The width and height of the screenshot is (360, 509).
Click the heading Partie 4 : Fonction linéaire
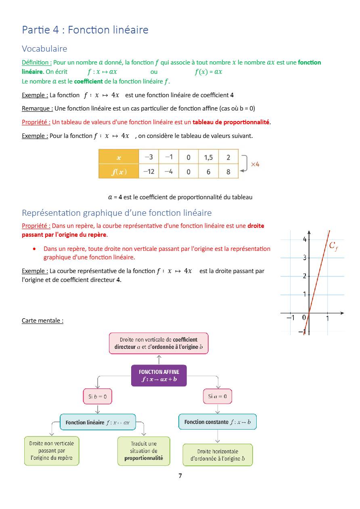[x=85, y=30]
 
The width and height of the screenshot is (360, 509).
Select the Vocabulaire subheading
[x=44, y=49]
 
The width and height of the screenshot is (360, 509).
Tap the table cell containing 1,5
[x=208, y=157]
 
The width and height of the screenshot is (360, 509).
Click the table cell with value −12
[x=149, y=171]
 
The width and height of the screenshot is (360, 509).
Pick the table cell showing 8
[x=228, y=171]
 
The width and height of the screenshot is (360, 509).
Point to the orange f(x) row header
[x=119, y=171]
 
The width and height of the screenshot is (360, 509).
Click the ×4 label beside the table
[x=255, y=164]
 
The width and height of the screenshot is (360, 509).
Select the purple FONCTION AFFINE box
[x=159, y=375]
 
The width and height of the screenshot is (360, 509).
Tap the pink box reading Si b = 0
[x=97, y=396]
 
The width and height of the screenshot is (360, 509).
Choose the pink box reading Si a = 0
[x=217, y=396]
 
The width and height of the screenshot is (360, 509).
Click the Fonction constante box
[x=217, y=422]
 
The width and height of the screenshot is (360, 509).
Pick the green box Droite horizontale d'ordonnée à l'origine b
[x=217, y=455]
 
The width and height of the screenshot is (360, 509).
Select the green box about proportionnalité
[x=144, y=451]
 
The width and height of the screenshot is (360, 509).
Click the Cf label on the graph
[x=333, y=246]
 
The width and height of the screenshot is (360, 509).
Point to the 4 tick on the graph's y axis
[x=305, y=239]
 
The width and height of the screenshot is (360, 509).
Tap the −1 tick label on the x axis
[x=290, y=318]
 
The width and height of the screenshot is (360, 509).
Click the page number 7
[x=180, y=476]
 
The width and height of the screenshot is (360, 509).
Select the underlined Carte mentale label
[x=42, y=321]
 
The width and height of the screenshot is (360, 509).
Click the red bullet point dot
[x=35, y=249]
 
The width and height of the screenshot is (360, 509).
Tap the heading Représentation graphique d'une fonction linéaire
[x=117, y=213]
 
